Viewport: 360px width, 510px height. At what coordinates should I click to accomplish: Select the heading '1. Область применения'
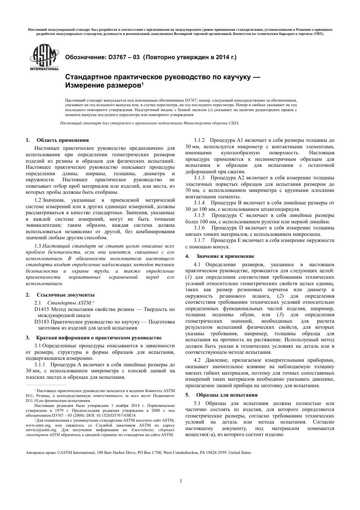[x=57, y=140]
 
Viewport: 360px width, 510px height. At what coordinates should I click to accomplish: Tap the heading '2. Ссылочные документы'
[x=60, y=295]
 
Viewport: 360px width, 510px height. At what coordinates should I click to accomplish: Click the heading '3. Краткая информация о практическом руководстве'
[x=94, y=337]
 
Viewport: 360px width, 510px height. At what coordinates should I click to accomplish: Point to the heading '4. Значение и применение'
[x=220, y=256]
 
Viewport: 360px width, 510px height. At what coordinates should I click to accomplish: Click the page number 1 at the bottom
[x=181, y=481]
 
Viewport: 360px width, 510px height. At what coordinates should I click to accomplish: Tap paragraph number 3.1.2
[x=199, y=140]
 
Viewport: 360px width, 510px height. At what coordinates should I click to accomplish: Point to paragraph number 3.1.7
[x=199, y=240]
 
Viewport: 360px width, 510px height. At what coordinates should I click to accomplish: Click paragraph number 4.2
[x=197, y=360]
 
